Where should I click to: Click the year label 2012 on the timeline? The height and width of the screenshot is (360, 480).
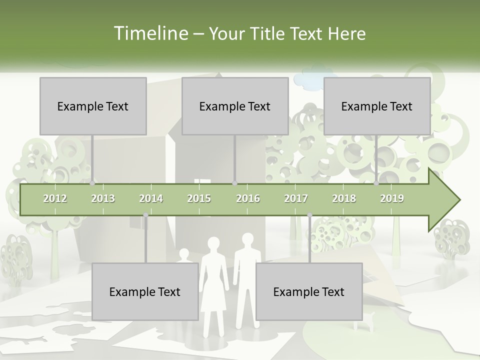point(55,198)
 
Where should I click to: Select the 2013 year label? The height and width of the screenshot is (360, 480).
point(103,198)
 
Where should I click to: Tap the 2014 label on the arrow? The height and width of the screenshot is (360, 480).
point(151,198)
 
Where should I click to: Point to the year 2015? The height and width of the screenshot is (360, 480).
point(199,198)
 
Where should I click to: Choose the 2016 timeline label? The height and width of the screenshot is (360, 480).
point(248,198)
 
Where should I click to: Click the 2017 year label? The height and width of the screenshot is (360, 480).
point(296,198)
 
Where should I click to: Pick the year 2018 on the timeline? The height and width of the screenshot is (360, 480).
point(344,198)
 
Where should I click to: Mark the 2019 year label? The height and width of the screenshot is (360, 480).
point(392,198)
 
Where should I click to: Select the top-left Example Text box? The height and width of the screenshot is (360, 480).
point(93,106)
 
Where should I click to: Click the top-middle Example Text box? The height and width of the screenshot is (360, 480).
point(235,106)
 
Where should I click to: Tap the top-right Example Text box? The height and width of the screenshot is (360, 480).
point(377,106)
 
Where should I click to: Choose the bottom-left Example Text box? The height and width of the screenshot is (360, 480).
point(145,291)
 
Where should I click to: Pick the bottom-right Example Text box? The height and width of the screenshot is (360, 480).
point(309,291)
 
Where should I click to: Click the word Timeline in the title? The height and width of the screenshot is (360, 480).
point(150,33)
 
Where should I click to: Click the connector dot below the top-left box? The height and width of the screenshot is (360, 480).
point(92,183)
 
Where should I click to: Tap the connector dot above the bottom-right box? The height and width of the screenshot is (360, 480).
point(309,215)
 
